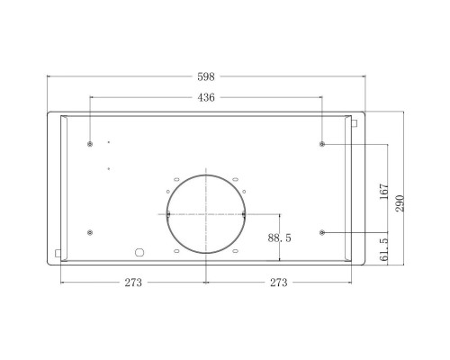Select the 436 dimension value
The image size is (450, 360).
click(206, 97)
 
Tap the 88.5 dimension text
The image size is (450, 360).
click(281, 238)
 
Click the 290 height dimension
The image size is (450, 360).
click(401, 202)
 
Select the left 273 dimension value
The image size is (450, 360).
click(133, 283)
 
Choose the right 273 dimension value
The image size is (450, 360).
click(278, 283)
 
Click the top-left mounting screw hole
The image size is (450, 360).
click(90, 144)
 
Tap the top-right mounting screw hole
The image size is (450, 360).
click(322, 144)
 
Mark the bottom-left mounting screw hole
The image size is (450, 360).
click(90, 233)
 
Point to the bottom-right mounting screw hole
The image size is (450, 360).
click(322, 233)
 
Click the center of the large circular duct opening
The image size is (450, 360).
click(206, 215)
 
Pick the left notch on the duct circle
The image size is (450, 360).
click(167, 215)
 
